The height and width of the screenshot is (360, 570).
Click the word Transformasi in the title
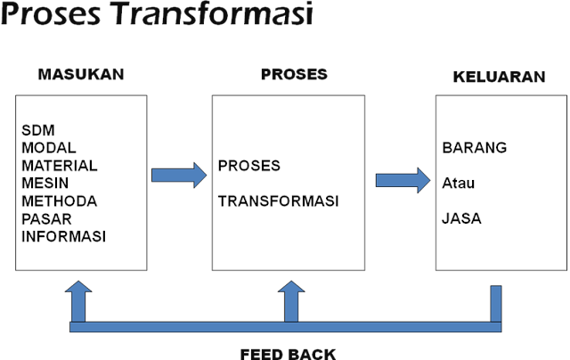pyautogui.click(x=215, y=13)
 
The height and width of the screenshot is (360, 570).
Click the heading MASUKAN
pyautogui.click(x=81, y=74)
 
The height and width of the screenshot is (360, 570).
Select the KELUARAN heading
pyautogui.click(x=499, y=77)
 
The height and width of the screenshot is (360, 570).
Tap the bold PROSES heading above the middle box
pyautogui.click(x=294, y=74)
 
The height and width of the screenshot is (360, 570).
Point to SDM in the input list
pyautogui.click(x=38, y=130)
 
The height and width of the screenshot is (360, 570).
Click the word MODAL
pyautogui.click(x=49, y=148)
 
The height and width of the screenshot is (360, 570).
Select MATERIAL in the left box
pyautogui.click(x=60, y=166)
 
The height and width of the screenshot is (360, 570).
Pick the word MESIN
pyautogui.click(x=45, y=184)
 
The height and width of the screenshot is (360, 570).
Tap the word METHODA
pyautogui.click(x=60, y=201)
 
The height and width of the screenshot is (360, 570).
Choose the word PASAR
pyautogui.click(x=46, y=219)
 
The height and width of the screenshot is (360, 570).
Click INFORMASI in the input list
pyautogui.click(x=63, y=237)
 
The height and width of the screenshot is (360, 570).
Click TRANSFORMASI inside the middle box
pyautogui.click(x=279, y=201)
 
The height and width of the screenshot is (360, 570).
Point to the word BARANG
pyautogui.click(x=475, y=148)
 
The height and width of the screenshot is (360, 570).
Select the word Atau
pyautogui.click(x=458, y=183)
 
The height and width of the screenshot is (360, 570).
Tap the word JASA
pyautogui.click(x=461, y=218)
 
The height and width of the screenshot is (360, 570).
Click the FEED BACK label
pyautogui.click(x=288, y=354)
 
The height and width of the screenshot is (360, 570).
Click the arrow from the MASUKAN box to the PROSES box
pyautogui.click(x=179, y=176)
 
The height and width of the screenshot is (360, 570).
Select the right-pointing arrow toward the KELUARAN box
pyautogui.click(x=403, y=180)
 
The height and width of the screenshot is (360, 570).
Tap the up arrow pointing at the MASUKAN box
pyautogui.click(x=78, y=302)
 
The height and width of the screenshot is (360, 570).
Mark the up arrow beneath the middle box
pyautogui.click(x=291, y=302)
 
